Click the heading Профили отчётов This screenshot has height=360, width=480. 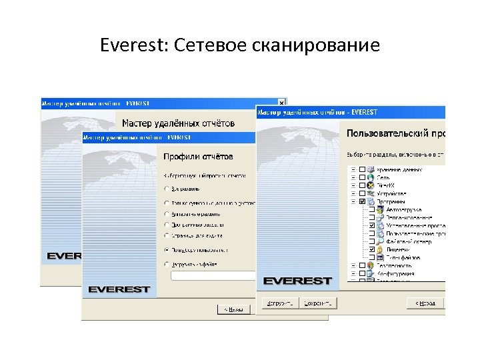click(199, 157)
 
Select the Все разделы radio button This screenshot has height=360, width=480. click(166, 189)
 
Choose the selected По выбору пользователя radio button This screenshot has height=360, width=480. click(166, 250)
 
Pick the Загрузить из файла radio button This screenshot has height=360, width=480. click(166, 264)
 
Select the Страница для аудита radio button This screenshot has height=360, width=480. click(166, 236)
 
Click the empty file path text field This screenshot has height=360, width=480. click(213, 275)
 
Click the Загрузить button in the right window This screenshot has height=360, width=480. click(279, 303)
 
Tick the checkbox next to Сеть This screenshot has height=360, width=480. click(362, 177)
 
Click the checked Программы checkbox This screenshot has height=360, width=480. click(362, 201)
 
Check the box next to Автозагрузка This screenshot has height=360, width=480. click(372, 209)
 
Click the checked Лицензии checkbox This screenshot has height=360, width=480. click(372, 249)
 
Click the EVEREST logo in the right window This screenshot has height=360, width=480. click(297, 280)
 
